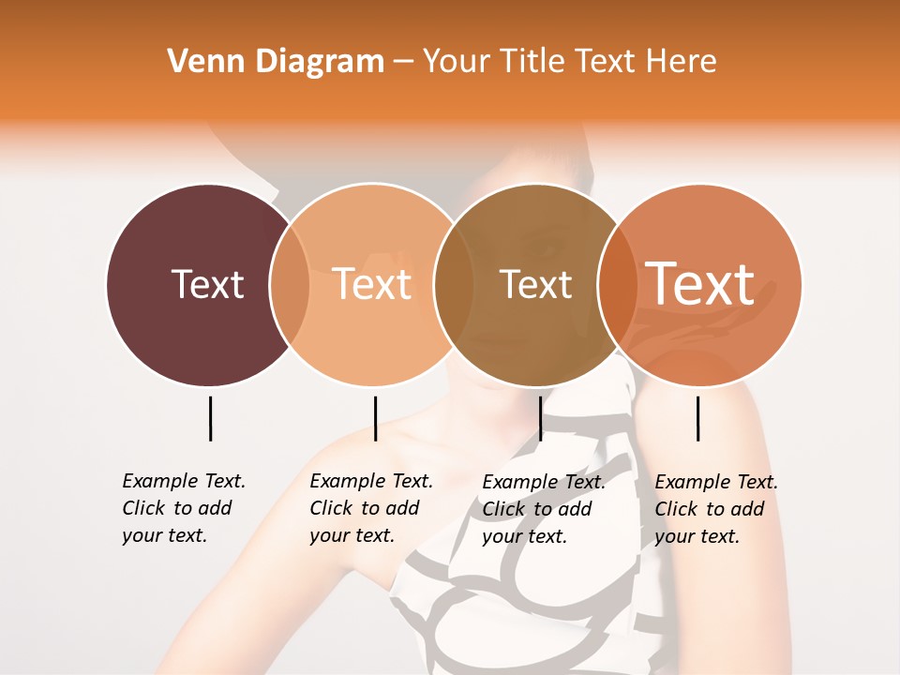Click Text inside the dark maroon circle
207,284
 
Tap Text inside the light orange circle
372,284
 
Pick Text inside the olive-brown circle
535,284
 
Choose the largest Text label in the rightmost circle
700,283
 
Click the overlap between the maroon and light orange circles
290,285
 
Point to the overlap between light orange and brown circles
454,285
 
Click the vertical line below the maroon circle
210,418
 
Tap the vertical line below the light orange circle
375,418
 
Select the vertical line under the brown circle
540,418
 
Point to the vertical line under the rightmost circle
697,418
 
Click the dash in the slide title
403,63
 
